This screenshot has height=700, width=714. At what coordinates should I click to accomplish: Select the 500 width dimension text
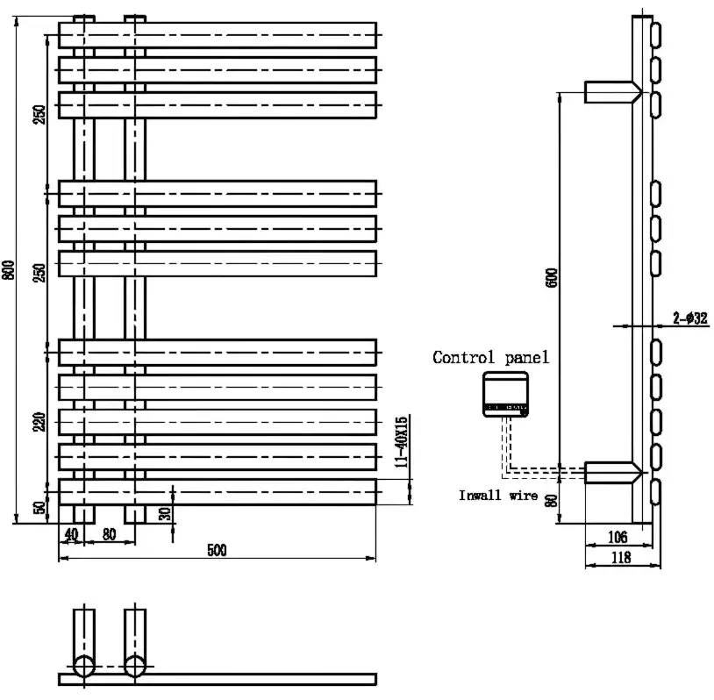(216, 550)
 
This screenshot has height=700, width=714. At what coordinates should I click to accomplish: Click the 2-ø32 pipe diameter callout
(691, 318)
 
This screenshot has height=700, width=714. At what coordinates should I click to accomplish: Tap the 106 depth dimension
(617, 535)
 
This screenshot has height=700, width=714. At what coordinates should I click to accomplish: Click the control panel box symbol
(505, 394)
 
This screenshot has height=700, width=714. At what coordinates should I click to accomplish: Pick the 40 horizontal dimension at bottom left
(70, 533)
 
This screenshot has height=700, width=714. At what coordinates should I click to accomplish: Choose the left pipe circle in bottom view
(84, 665)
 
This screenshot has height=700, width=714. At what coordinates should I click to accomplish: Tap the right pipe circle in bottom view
(135, 665)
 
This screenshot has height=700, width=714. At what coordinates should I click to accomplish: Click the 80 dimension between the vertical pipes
(110, 533)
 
